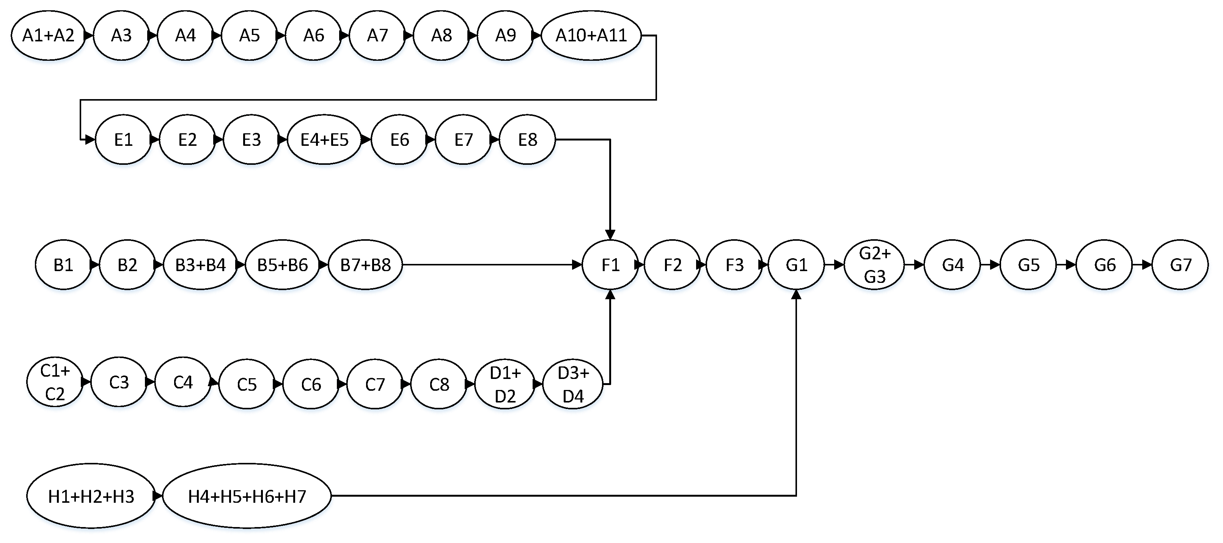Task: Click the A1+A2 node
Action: tap(49, 36)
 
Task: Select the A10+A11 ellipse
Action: tap(591, 36)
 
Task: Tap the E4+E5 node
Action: tap(324, 140)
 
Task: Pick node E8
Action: tap(527, 140)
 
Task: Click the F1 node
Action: tap(610, 265)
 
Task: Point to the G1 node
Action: tap(796, 265)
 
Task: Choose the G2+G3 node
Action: tap(874, 265)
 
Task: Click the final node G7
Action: tap(1180, 265)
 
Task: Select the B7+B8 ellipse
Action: tap(365, 265)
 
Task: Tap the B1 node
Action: tap(63, 265)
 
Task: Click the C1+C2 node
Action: tap(55, 382)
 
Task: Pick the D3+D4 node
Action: tap(572, 384)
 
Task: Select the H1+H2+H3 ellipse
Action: tap(91, 496)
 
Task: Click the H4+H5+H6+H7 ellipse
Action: tap(247, 496)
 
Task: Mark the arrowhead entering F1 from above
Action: tap(610, 235)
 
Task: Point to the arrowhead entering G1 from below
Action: tap(796, 295)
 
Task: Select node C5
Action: tap(247, 384)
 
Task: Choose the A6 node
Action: tap(313, 36)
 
